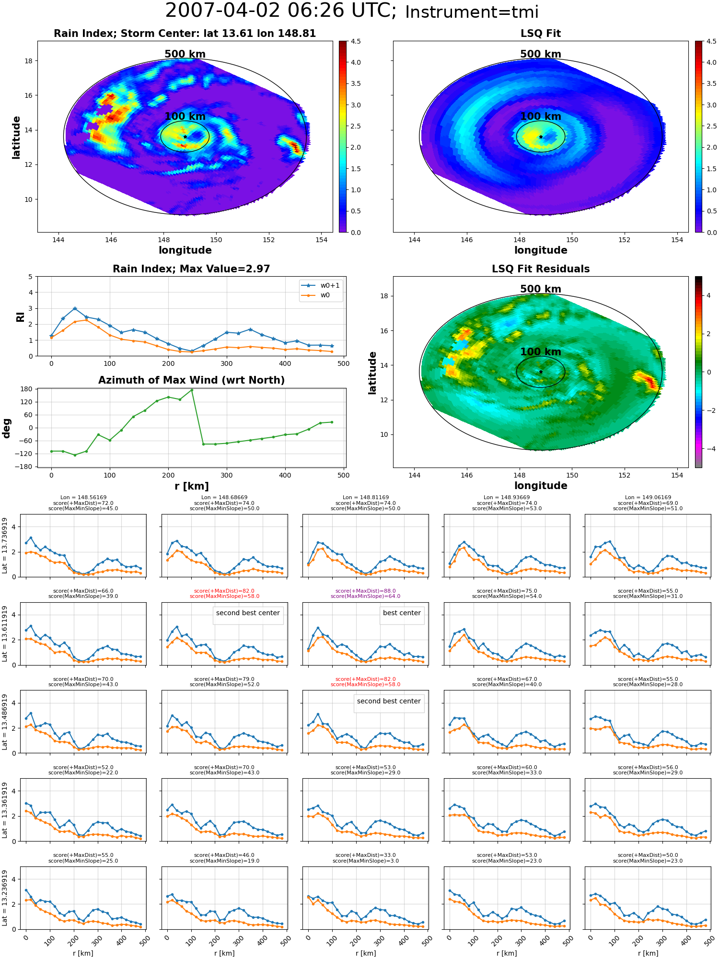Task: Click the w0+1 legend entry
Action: point(320,285)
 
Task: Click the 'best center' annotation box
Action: point(402,613)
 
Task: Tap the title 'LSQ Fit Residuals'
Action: point(541,269)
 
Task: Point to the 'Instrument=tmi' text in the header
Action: point(472,12)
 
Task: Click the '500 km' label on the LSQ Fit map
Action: point(541,54)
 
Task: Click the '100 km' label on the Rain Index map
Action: point(185,117)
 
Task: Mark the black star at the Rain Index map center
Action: point(185,137)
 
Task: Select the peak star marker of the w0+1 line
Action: point(75,308)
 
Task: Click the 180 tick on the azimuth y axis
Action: point(27,389)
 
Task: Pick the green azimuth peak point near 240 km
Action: point(192,390)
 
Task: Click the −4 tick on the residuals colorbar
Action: point(709,449)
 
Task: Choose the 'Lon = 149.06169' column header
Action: point(648,498)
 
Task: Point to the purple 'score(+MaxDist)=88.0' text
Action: point(366,591)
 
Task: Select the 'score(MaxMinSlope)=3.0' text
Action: point(366,861)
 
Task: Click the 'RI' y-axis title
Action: point(21,317)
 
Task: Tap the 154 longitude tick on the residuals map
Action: point(677,475)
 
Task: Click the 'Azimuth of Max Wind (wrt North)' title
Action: point(192,380)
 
